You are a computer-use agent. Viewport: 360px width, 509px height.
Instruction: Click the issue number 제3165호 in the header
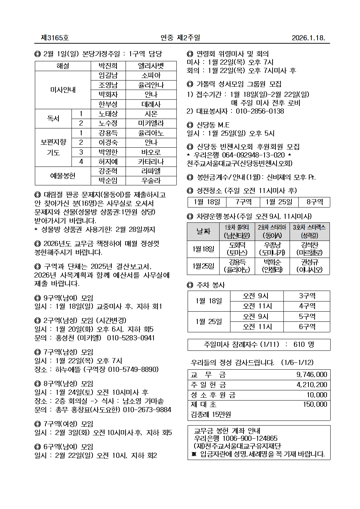tap(55, 38)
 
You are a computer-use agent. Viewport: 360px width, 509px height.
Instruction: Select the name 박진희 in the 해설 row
tap(108, 66)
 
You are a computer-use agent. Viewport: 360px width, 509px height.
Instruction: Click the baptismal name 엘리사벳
tap(151, 66)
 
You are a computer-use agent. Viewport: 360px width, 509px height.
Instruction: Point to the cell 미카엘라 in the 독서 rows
tap(151, 123)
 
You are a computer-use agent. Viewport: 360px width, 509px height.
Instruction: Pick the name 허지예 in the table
tap(108, 161)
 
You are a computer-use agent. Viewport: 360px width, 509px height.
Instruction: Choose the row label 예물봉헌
tap(62, 176)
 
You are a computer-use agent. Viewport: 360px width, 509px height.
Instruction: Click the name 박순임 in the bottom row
tap(108, 181)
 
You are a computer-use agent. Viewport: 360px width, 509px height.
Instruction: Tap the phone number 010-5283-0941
tap(131, 338)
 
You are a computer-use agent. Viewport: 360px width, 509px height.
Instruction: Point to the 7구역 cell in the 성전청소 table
tap(243, 202)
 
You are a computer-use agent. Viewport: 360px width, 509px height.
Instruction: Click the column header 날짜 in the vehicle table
tap(203, 231)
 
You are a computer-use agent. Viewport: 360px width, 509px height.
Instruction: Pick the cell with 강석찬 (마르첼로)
tap(309, 249)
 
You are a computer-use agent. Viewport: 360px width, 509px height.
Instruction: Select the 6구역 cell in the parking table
tap(307, 327)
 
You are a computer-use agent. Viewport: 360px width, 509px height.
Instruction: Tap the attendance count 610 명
tap(304, 345)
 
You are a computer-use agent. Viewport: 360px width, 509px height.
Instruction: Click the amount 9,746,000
tap(311, 375)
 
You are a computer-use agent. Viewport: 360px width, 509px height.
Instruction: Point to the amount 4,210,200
tap(311, 385)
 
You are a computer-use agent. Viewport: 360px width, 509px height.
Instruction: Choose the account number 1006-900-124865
tap(250, 439)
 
